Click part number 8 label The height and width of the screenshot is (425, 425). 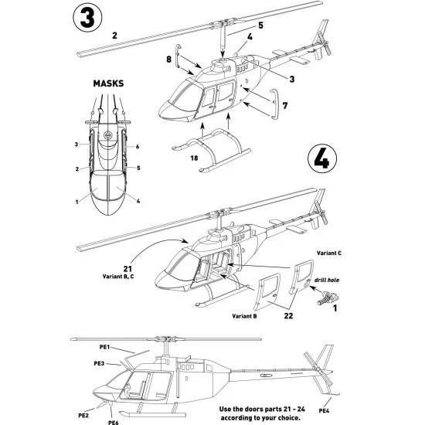pyautogui.click(x=168, y=58)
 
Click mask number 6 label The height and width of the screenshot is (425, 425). pyautogui.click(x=137, y=145)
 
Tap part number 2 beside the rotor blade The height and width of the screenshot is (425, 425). pyautogui.click(x=114, y=36)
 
